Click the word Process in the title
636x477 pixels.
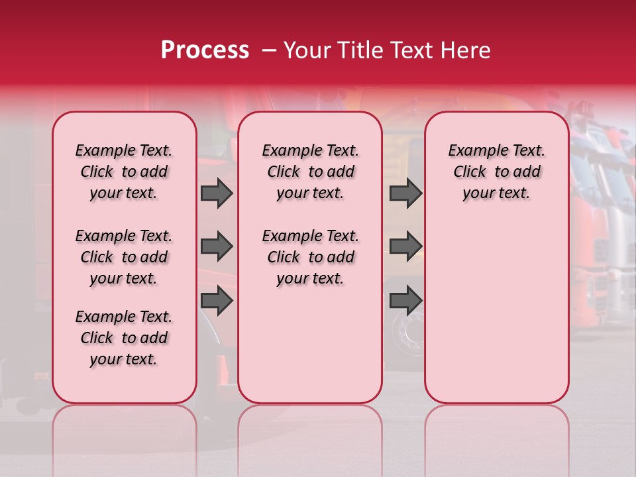204,50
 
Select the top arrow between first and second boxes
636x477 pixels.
216,193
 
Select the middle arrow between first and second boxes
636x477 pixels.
216,247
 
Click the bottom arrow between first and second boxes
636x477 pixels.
216,301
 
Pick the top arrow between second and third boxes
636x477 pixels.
405,193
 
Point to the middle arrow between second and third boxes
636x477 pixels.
405,247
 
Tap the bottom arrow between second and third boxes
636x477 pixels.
405,301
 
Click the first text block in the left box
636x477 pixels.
124,172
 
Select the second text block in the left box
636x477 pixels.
124,257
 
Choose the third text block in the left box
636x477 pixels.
124,338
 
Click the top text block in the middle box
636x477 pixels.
310,172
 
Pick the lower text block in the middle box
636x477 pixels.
310,257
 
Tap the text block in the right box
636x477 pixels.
496,172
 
